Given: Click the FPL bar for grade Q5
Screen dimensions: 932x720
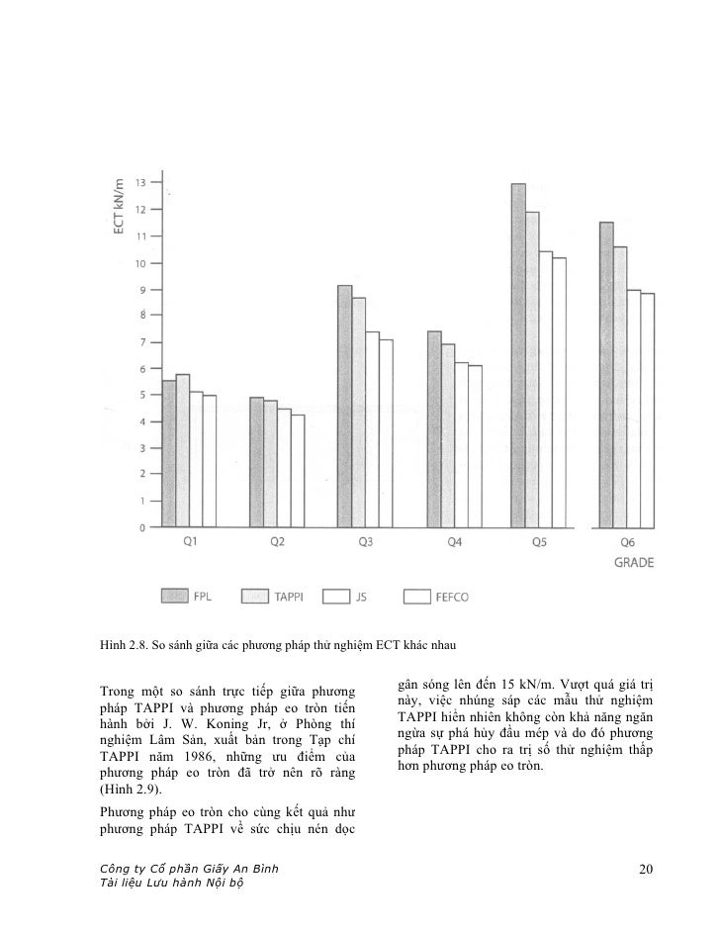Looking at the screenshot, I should click(x=517, y=355).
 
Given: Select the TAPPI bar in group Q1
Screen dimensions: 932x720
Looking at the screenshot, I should click(x=182, y=450).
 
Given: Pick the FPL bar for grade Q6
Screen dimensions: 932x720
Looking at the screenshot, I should click(x=606, y=375).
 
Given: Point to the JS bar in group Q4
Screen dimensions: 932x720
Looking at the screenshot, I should click(x=460, y=444).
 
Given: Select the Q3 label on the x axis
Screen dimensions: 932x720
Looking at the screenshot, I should click(x=365, y=542).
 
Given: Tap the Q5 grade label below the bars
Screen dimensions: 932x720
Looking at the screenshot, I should click(x=539, y=542).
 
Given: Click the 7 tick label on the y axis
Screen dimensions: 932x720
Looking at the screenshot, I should click(x=141, y=342).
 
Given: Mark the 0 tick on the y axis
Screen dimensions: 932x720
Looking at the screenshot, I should click(x=141, y=527).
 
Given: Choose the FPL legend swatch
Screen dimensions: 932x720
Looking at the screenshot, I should click(x=175, y=596).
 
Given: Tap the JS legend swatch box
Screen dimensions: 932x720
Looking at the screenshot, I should click(x=337, y=596).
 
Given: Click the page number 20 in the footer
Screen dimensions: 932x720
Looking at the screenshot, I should click(x=646, y=870).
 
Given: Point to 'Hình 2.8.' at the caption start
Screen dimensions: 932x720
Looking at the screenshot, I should click(x=124, y=647).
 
